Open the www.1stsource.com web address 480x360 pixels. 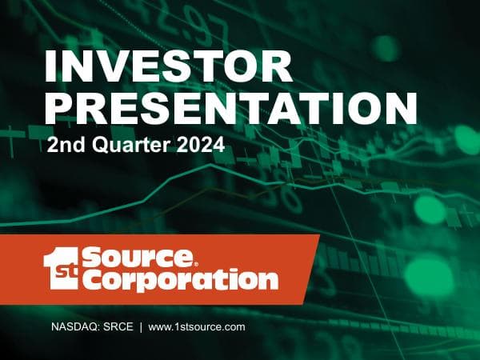[x=196, y=327]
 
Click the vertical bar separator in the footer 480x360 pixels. [x=140, y=327]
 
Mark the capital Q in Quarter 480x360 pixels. [x=90, y=147]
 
